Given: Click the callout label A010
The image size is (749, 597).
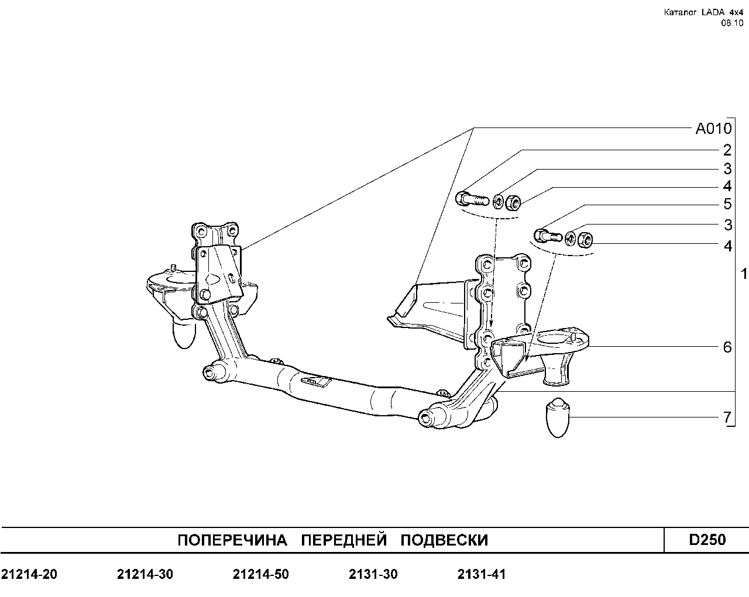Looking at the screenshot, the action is (713, 129).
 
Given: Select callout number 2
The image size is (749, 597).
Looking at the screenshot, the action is (727, 150).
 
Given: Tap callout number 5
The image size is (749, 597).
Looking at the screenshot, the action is (727, 204).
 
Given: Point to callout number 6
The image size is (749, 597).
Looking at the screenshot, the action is (727, 347).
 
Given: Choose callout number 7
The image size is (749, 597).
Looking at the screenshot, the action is (727, 417).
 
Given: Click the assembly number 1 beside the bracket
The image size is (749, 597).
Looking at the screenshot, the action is (744, 274).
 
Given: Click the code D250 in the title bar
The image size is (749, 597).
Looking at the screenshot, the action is (707, 540).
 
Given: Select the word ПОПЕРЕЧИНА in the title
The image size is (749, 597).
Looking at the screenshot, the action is (232, 540).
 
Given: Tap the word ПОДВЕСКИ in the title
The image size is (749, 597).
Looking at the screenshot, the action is (444, 540).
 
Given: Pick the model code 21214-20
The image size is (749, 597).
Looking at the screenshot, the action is (29, 574).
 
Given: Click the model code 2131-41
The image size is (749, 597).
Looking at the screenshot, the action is (482, 574).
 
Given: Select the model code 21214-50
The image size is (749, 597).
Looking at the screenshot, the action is (261, 574).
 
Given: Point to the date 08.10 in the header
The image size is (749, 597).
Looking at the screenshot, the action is (732, 23).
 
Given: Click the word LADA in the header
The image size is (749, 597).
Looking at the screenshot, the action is (713, 12).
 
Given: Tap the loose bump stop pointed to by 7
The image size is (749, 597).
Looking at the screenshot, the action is (558, 417).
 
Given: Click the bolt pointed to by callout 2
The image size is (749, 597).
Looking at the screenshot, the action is (472, 200).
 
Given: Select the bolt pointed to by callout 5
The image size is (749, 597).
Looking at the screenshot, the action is (548, 236).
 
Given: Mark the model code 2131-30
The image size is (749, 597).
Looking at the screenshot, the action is (373, 574).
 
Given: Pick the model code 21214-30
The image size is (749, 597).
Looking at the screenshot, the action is (145, 574).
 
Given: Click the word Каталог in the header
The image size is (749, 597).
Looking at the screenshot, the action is (680, 12).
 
